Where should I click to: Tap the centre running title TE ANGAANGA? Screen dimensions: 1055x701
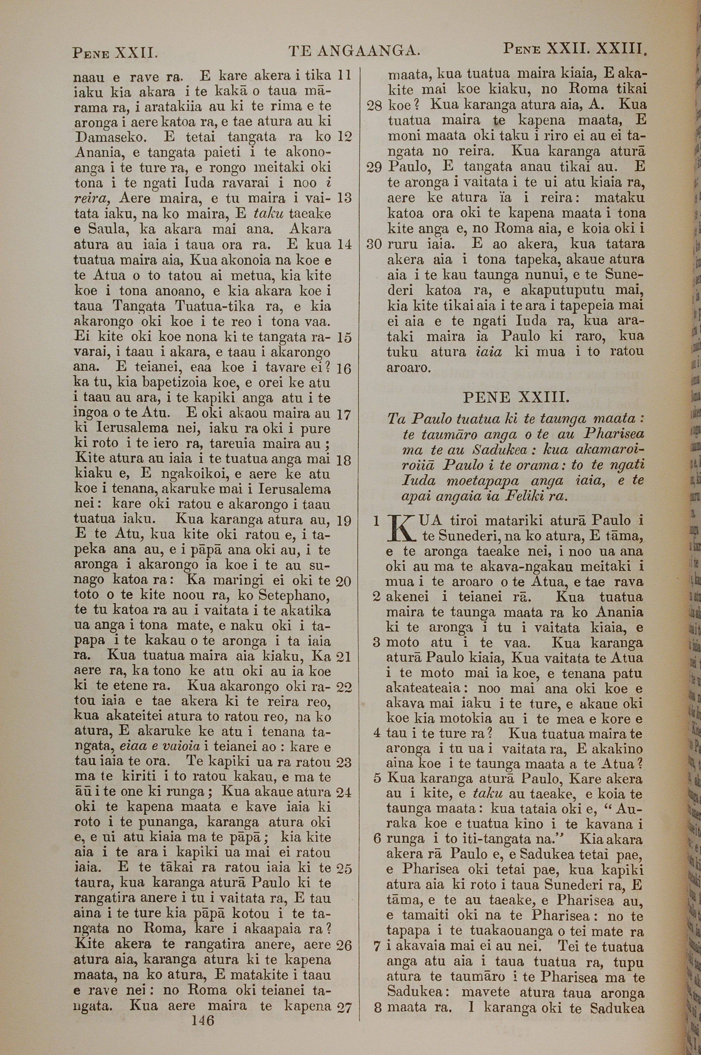(x=354, y=52)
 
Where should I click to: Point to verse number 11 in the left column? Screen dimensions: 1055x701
(x=344, y=75)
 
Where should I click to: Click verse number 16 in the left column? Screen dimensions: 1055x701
(x=344, y=369)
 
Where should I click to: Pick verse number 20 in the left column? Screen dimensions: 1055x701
(x=343, y=582)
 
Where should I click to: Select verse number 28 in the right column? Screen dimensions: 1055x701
(x=374, y=106)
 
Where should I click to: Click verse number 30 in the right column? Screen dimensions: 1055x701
(x=374, y=244)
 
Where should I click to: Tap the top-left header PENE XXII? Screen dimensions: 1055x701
(x=115, y=53)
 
